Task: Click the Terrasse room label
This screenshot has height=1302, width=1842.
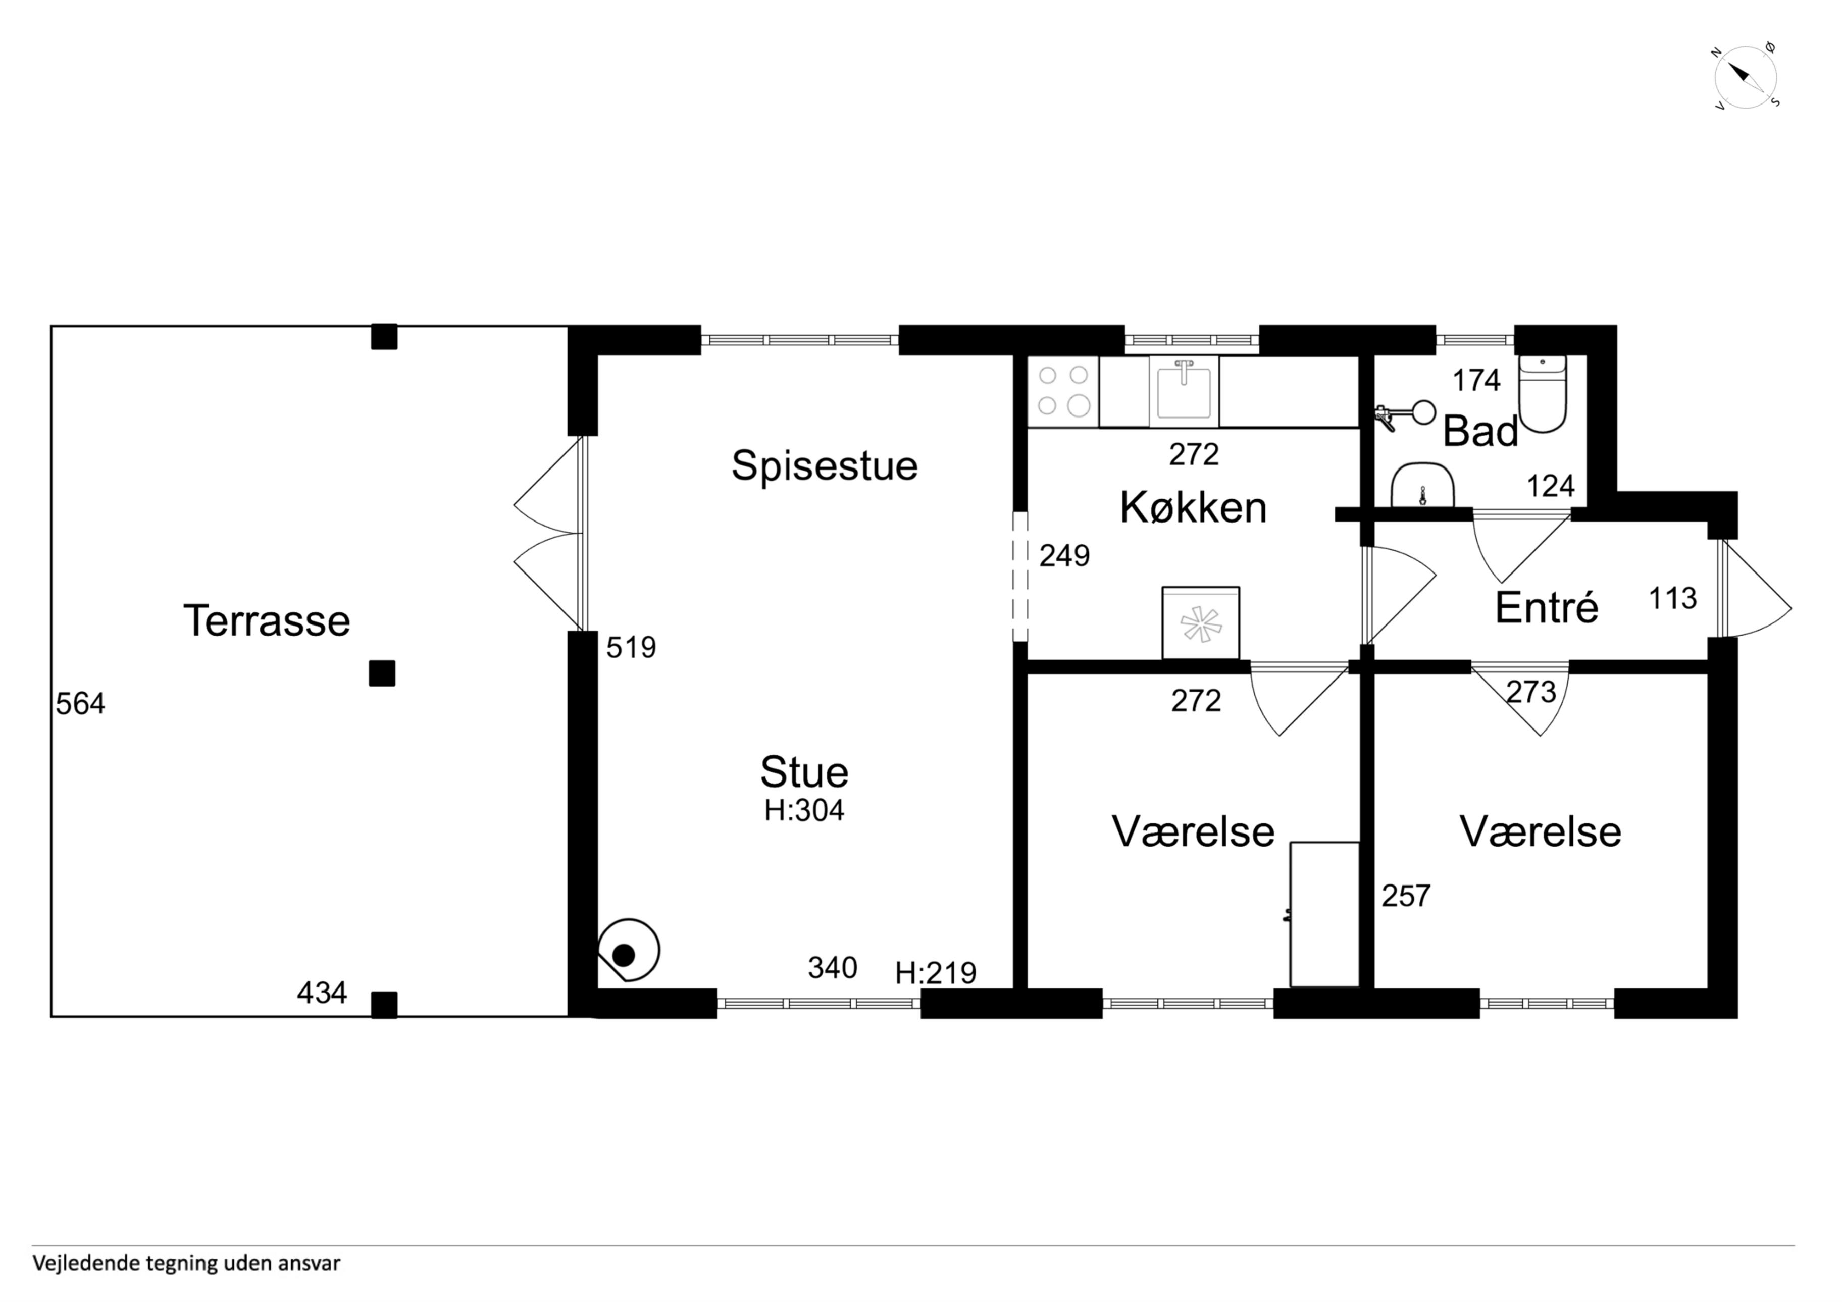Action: (267, 620)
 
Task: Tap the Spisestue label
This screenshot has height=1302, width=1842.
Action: (825, 466)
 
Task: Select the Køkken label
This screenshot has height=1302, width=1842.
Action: (1193, 507)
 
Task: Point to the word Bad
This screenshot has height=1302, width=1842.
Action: (1481, 432)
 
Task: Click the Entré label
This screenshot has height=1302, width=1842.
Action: (1547, 607)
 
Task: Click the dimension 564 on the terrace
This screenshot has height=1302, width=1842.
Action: (80, 704)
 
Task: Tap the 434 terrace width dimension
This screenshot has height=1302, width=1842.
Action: (322, 993)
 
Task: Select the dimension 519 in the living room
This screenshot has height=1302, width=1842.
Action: (631, 647)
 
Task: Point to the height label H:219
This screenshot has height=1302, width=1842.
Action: (936, 973)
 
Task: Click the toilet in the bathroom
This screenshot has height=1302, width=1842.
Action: (1542, 394)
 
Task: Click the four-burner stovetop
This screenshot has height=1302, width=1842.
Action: (1063, 391)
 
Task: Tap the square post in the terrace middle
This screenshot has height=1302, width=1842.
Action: (382, 673)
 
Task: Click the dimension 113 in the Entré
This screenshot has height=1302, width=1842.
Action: (1673, 598)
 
